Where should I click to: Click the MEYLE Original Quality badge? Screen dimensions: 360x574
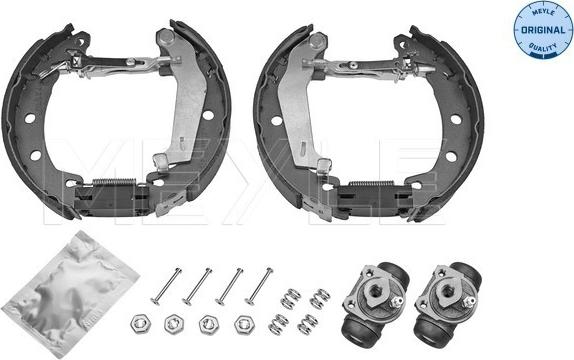(x=536, y=30)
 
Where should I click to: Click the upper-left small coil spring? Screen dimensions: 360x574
(x=290, y=298)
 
